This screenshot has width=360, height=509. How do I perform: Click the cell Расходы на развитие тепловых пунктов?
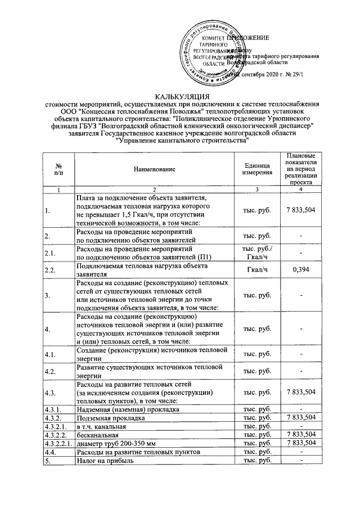click(x=138, y=452)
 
